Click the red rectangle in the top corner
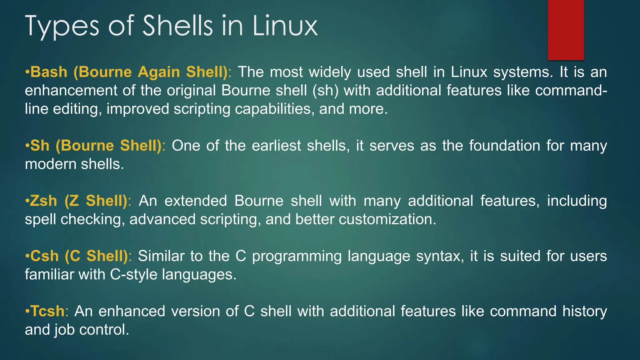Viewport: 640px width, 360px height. pyautogui.click(x=566, y=30)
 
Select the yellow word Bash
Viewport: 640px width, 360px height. pyautogui.click(x=49, y=72)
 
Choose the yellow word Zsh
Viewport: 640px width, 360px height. pyautogui.click(x=43, y=201)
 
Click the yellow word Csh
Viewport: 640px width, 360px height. pyautogui.click(x=44, y=256)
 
